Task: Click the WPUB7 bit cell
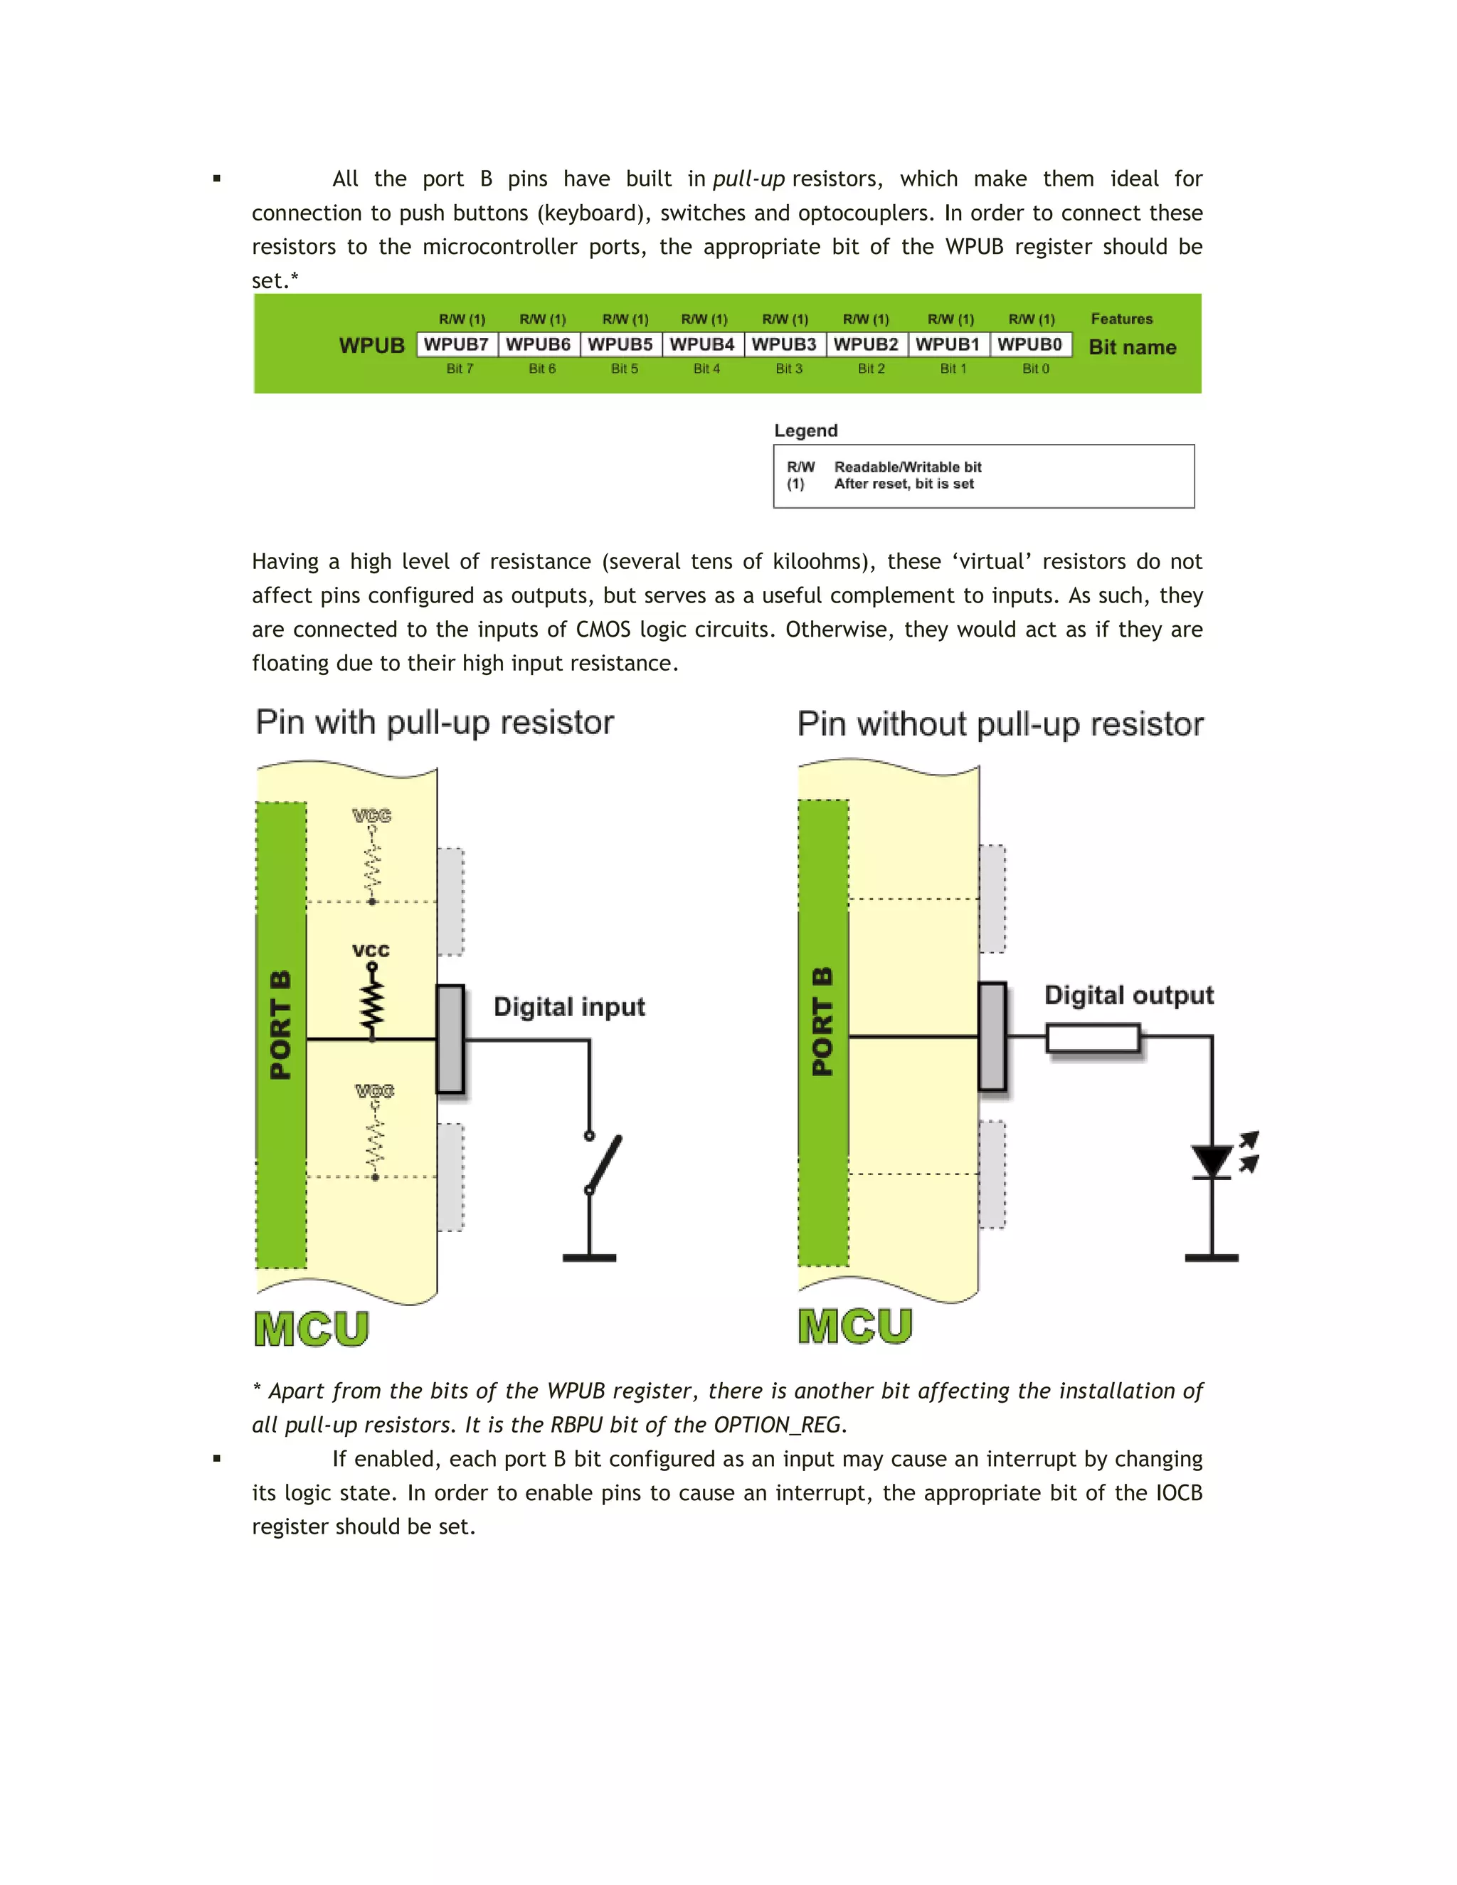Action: pos(456,344)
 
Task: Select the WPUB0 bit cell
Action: pos(1029,344)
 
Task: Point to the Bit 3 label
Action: pos(788,368)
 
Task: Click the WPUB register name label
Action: pos(371,345)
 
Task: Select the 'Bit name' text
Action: pos(1132,347)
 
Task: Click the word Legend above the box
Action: pos(805,430)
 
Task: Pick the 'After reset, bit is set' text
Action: pos(903,484)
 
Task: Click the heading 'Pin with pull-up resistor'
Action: pos(434,723)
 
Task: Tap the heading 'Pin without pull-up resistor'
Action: pos(1000,724)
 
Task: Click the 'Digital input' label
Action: pos(569,1007)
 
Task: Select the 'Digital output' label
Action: pos(1128,995)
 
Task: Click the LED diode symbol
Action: pos(1211,1161)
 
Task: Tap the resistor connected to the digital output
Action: pos(1093,1037)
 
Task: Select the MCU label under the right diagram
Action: pos(854,1326)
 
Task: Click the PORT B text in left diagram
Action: pos(280,1025)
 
